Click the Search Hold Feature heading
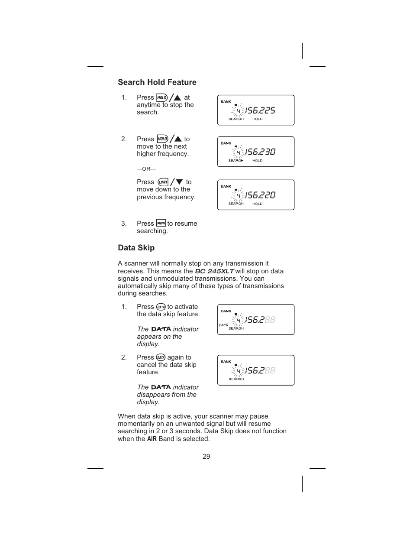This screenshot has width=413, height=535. (157, 82)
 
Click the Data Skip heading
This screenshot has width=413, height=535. (136, 248)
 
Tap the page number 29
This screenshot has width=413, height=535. (206, 457)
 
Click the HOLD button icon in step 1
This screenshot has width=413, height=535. (162, 97)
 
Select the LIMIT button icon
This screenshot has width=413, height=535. (163, 182)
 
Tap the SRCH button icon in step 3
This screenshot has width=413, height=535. (161, 223)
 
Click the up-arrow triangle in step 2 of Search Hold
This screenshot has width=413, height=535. (177, 139)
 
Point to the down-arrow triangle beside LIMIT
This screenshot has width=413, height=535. (179, 182)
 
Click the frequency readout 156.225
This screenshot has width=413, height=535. (260, 110)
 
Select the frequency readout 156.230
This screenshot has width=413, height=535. (260, 152)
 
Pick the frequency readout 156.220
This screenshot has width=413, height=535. (260, 195)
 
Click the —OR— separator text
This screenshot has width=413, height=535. (146, 169)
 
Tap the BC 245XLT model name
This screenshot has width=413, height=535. (214, 271)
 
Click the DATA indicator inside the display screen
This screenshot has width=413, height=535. (223, 325)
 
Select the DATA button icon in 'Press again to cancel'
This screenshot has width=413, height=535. (161, 357)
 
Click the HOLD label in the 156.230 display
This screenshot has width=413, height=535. (257, 161)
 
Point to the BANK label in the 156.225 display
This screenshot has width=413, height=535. (226, 102)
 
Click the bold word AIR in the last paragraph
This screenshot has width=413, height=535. (152, 439)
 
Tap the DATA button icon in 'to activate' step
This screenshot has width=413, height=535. (161, 307)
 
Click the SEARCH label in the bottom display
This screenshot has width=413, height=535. (236, 379)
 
